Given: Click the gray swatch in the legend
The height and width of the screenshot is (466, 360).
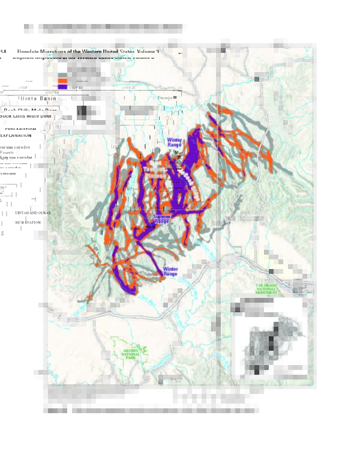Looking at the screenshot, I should tap(62, 74).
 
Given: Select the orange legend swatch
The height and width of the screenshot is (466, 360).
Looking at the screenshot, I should tap(62, 80).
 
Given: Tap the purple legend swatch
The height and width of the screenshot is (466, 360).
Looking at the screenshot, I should tap(62, 87).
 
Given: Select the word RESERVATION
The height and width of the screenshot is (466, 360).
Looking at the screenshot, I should tap(28, 222).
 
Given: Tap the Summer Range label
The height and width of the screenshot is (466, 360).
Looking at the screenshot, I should tap(161, 219).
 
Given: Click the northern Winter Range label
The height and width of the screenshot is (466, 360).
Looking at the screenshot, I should tap(174, 142).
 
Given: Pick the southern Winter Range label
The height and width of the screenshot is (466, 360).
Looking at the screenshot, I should tap(170, 272).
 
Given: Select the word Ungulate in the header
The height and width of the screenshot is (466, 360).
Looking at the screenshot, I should tap(29, 52).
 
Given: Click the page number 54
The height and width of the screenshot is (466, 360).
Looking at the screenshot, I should tap(4, 52).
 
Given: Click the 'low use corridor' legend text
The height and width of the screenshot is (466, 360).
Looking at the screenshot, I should tap(15, 147).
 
